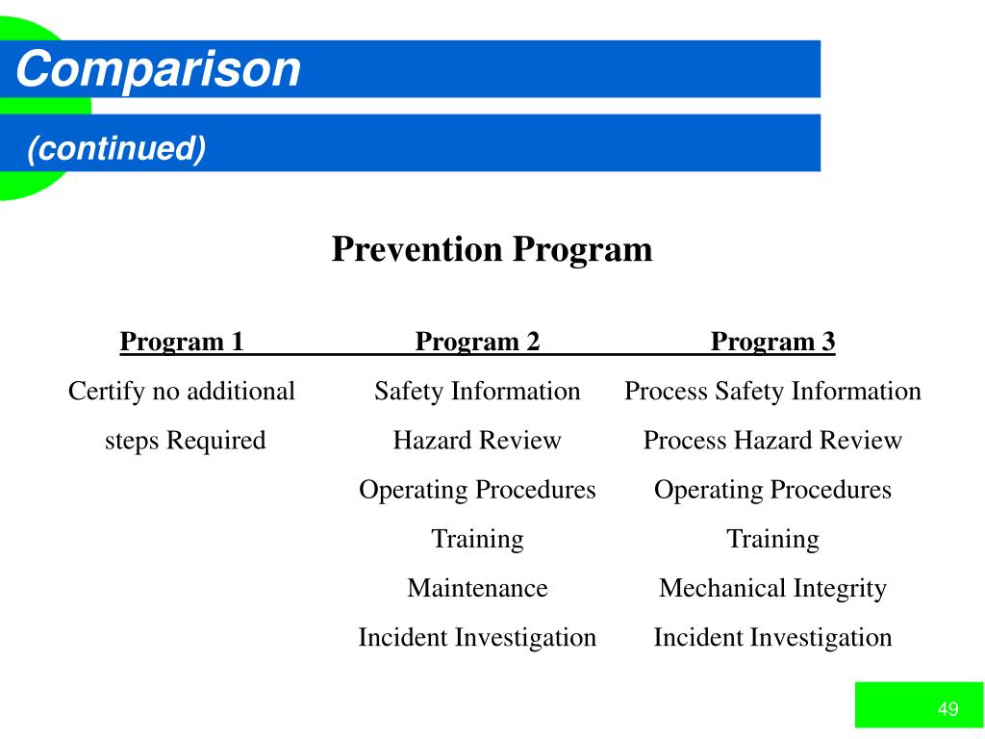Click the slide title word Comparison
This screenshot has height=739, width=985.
coord(158,69)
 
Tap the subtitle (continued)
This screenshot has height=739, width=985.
coord(116,148)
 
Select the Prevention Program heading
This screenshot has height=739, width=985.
coord(492,249)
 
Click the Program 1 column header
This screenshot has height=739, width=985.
coord(182,342)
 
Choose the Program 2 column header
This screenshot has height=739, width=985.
coord(477,342)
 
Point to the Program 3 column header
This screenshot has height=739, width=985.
coord(772,342)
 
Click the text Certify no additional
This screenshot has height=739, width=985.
coord(182,392)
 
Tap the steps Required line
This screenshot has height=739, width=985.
coord(185,441)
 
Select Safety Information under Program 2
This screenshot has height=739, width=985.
coord(477,392)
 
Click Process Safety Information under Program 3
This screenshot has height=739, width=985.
coord(772,392)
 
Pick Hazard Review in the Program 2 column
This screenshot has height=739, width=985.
coord(477,441)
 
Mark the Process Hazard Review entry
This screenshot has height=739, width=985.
coord(772,441)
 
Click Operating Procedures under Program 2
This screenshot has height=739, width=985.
coord(477,490)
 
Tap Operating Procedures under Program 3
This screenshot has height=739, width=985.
coord(772,490)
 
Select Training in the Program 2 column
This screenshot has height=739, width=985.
coord(477,539)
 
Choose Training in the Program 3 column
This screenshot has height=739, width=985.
coord(772,539)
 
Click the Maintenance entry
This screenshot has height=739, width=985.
coord(477,588)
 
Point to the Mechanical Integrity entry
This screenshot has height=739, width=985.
coord(772,588)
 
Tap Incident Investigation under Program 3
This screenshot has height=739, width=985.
coord(772,637)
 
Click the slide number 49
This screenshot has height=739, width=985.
coord(947,710)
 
